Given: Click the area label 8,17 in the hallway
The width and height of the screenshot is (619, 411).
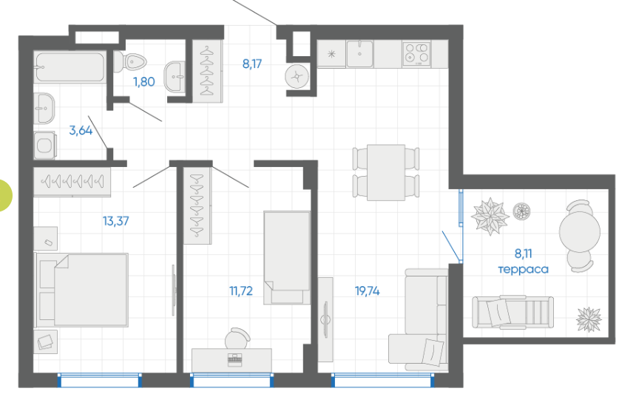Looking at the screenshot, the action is coord(252,64).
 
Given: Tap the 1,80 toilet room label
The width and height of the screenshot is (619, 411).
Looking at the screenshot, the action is coord(143,81).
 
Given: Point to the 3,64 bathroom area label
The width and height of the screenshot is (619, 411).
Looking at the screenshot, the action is coord(81,130).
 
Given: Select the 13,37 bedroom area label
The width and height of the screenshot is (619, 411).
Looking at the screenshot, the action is coord(115,221).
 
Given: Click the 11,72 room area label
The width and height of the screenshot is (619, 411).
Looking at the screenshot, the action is coord(241,291).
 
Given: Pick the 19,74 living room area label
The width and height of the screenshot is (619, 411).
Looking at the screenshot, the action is coord(367,291).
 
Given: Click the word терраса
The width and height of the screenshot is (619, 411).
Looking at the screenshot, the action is coord(523,269).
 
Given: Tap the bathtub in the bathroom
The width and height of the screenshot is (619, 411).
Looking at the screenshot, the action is coord(70,67).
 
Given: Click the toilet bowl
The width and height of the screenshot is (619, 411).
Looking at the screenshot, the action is coord(130,61).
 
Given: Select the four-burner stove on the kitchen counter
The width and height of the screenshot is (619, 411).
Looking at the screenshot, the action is coord(417,54).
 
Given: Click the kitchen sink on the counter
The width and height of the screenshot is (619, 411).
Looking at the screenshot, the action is coord(359,54).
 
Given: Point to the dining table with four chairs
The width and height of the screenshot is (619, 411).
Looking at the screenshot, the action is coord(386,172).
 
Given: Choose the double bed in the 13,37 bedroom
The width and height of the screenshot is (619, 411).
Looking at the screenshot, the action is coord(82,290).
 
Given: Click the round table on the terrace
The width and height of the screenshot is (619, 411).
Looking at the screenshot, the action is coord(580,232).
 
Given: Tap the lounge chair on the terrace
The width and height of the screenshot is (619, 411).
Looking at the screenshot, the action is coord(513,313).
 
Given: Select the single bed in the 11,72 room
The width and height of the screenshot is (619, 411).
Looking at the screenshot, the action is coord(287,258).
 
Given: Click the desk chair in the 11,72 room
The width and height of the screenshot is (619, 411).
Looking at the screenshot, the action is coord(237,338).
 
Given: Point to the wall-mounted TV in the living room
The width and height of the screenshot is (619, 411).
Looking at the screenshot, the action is coord(325,319).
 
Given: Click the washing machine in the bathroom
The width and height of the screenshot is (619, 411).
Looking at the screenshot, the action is coord(44,146).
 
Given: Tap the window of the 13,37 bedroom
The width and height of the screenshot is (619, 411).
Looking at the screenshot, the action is coord(100,380).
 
